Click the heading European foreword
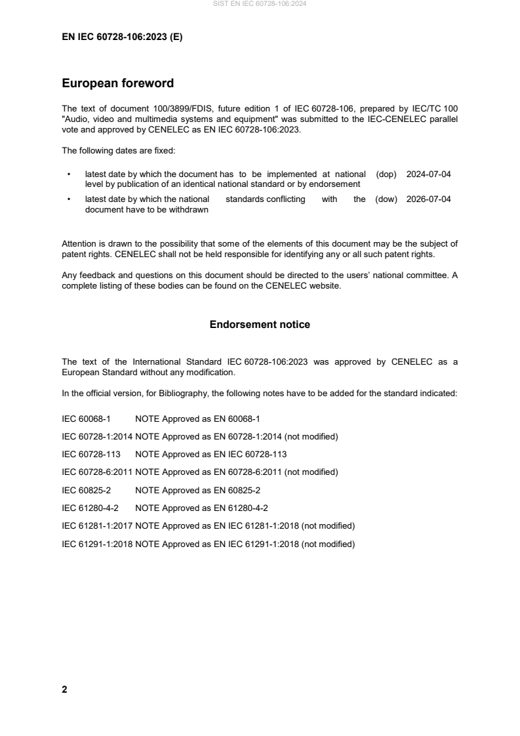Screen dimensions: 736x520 tap(117, 83)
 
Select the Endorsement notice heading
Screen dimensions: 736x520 tap(260, 325)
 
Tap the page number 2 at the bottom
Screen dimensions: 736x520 tap(64, 689)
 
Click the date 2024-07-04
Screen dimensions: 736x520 tap(428, 174)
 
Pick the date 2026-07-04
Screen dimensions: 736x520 tap(428, 199)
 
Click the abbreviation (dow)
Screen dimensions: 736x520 tap(386, 199)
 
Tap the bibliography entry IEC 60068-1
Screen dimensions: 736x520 tap(86, 419)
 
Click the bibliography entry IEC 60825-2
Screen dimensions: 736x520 tap(86, 490)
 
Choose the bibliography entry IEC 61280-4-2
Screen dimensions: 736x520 tap(89, 508)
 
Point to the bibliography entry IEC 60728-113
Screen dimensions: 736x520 tap(90, 454)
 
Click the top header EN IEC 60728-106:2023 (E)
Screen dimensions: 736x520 tap(122, 37)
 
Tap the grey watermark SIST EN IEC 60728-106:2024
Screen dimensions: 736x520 tap(260, 4)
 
